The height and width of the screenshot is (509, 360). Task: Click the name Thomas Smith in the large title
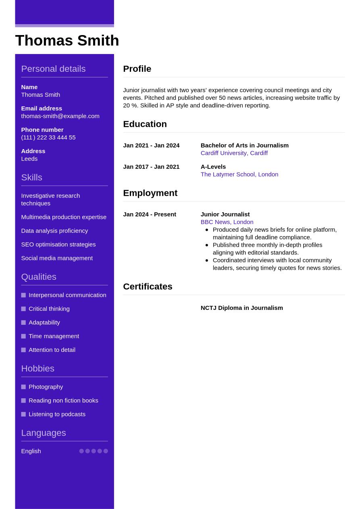pyautogui.click(x=67, y=41)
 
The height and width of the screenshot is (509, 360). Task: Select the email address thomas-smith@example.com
pyautogui.click(x=60, y=116)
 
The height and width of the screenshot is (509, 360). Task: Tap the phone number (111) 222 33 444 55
pyautogui.click(x=48, y=137)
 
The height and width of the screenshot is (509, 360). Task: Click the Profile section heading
pyautogui.click(x=137, y=69)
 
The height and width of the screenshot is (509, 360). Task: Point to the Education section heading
pyautogui.click(x=145, y=124)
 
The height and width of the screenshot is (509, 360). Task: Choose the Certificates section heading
pyautogui.click(x=148, y=287)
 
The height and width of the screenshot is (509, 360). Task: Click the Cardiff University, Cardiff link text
pyautogui.click(x=234, y=153)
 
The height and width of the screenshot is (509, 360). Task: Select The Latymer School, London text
pyautogui.click(x=239, y=175)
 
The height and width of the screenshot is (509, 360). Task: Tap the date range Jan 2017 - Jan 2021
pyautogui.click(x=151, y=167)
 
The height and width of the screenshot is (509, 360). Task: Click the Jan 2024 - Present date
pyautogui.click(x=150, y=214)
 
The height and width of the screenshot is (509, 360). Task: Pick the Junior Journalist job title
pyautogui.click(x=225, y=214)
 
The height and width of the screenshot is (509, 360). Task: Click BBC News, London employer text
pyautogui.click(x=227, y=222)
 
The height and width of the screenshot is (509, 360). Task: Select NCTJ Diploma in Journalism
pyautogui.click(x=241, y=308)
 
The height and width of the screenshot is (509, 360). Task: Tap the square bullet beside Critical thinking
pyautogui.click(x=23, y=309)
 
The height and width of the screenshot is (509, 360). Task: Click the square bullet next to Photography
pyautogui.click(x=23, y=387)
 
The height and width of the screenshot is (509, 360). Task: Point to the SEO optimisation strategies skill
pyautogui.click(x=58, y=245)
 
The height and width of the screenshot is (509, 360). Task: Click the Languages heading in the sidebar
pyautogui.click(x=43, y=433)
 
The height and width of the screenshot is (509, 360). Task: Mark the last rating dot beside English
pyautogui.click(x=106, y=451)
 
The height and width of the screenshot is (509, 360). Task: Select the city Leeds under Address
pyautogui.click(x=29, y=159)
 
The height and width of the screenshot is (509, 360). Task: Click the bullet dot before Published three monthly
pyautogui.click(x=207, y=245)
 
